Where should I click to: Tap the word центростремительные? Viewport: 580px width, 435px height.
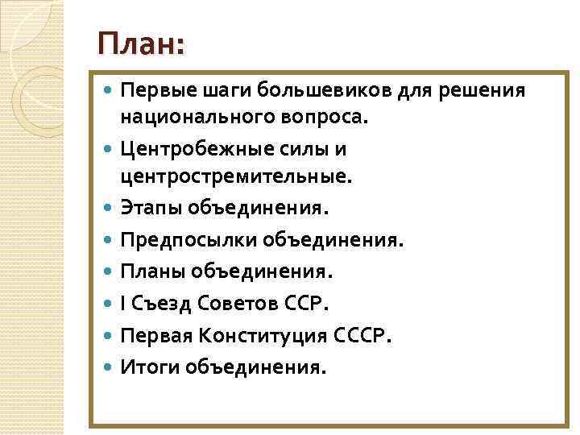[236, 176]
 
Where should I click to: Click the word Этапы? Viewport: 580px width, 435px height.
[151, 209]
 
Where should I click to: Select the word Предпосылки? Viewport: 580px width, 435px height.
[181, 240]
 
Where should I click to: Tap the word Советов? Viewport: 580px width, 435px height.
[236, 304]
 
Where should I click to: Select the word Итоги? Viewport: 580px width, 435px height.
[149, 367]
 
